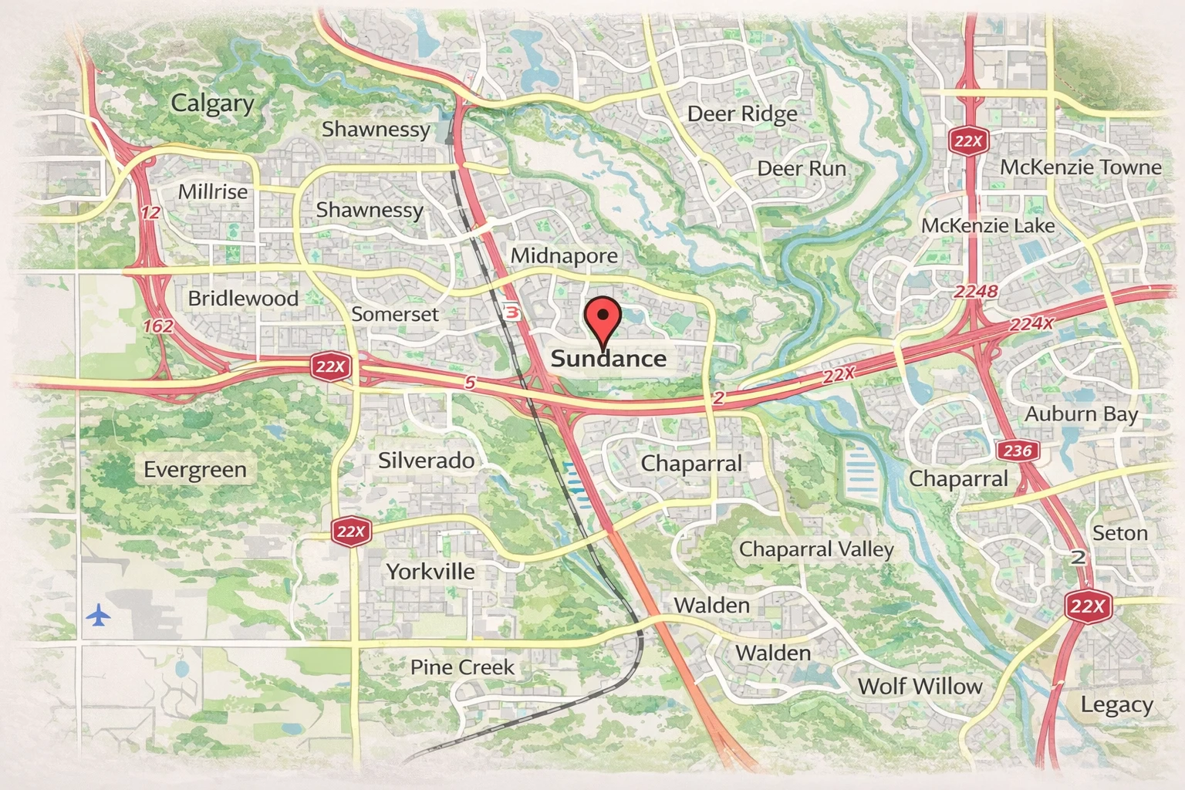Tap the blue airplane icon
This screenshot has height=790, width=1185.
pos(98,616)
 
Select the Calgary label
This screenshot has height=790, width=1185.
pos(212,103)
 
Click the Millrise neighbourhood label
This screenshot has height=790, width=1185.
pos(213,192)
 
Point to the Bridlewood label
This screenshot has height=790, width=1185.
pos(243,299)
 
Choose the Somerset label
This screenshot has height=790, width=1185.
pos(394,314)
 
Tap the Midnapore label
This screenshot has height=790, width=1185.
pos(564,255)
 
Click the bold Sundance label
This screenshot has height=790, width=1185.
pos(608,359)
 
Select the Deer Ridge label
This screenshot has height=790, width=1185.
pos(741,114)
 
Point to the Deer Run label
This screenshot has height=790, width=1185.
pos(801,168)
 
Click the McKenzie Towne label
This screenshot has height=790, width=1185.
pos(1080,167)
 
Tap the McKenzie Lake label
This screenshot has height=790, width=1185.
pos(987,225)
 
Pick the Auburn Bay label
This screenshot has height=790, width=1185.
pos(1081,414)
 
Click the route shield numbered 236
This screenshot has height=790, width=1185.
pos(1017,451)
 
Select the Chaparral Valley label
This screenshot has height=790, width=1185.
pos(815,549)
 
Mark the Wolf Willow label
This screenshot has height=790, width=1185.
pos(920,686)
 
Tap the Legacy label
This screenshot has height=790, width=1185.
pos(1116,704)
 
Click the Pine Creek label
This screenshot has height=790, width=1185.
pos(461,667)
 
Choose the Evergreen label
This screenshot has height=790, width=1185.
pos(195,470)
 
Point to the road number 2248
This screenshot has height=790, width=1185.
pos(975,292)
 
